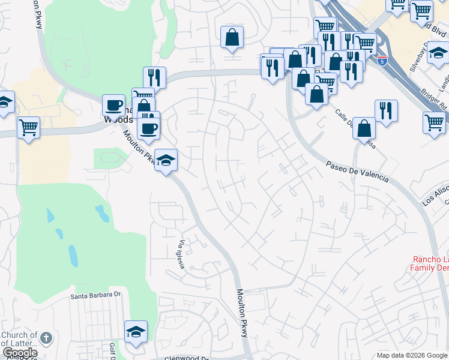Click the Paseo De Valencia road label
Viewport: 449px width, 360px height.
click(x=357, y=172)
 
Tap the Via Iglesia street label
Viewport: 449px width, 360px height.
click(x=181, y=254)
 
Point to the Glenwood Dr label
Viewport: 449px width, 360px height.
click(x=187, y=358)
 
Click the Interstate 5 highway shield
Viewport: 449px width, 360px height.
click(x=382, y=61)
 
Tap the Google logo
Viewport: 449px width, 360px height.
click(x=20, y=353)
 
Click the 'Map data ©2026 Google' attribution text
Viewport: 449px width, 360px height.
click(x=412, y=355)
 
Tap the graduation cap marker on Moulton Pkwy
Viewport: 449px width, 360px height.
click(x=166, y=160)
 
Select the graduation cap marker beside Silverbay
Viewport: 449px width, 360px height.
click(x=438, y=54)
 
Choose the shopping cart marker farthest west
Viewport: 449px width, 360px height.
click(x=28, y=128)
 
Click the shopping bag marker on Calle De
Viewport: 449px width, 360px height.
click(x=364, y=128)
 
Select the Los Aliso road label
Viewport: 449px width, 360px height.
click(x=436, y=193)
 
